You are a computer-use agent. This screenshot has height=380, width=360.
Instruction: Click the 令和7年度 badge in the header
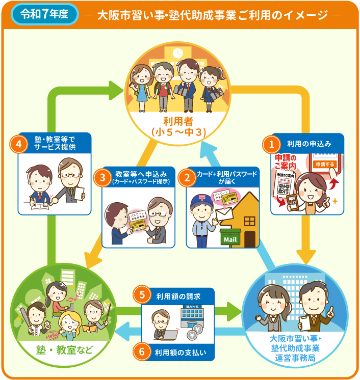pyautogui.click(x=45, y=14)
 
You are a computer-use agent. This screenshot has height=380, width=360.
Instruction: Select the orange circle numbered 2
pyautogui.click(x=187, y=177)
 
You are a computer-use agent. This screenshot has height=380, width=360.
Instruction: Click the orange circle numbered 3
pyautogui.click(x=102, y=177)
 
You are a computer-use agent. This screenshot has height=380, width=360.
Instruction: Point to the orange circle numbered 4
pyautogui.click(x=18, y=144)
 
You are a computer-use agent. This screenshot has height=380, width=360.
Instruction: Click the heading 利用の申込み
pyautogui.click(x=309, y=144)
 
